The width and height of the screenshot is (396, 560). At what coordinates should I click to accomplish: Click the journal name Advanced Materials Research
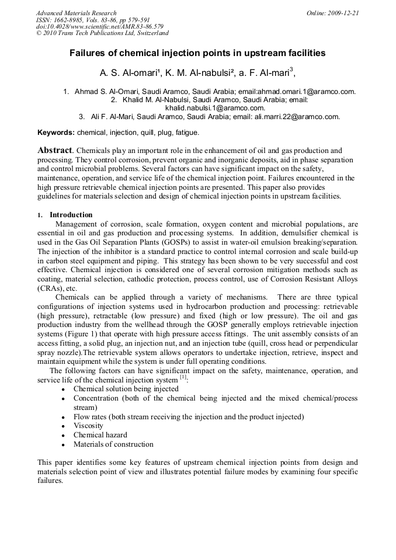(x=76, y=13)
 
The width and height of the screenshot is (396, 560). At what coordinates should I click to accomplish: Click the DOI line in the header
(x=100, y=27)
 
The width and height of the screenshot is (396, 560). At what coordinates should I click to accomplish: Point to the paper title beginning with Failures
(x=197, y=53)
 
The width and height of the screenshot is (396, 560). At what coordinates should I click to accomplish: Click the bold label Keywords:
(x=56, y=133)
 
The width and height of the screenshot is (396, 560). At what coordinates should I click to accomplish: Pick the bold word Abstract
(x=55, y=151)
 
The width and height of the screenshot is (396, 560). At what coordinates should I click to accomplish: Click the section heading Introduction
(x=71, y=215)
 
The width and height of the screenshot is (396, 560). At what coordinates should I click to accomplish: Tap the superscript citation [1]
(x=183, y=377)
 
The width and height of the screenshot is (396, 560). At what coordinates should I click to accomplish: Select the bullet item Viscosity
(x=88, y=426)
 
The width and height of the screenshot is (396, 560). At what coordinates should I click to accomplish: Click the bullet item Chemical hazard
(x=100, y=434)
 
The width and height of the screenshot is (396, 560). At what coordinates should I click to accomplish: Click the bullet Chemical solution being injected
(x=126, y=389)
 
